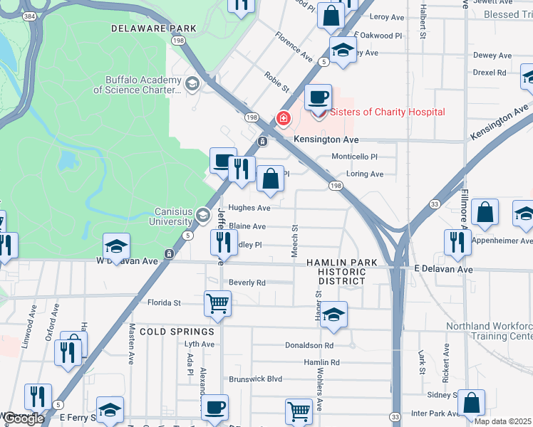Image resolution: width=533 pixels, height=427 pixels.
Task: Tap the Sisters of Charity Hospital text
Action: click(x=387, y=112)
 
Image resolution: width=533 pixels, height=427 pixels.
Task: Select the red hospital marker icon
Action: click(x=284, y=118)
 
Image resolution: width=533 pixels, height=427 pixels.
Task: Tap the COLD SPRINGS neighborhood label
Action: click(x=177, y=332)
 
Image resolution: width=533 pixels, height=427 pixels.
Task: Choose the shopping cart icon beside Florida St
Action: click(x=218, y=303)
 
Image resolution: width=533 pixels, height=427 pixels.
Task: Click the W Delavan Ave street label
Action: click(x=127, y=261)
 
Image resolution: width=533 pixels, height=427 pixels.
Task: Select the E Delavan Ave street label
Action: click(x=444, y=270)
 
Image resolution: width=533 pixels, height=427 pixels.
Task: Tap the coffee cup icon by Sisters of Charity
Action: click(x=318, y=96)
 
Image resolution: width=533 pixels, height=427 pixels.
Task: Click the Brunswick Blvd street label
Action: click(x=255, y=379)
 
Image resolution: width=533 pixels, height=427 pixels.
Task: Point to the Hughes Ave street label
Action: click(x=249, y=209)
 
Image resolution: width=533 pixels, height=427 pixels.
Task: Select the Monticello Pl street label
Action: click(x=353, y=157)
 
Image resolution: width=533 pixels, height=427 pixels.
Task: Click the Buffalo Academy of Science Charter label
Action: click(x=137, y=85)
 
